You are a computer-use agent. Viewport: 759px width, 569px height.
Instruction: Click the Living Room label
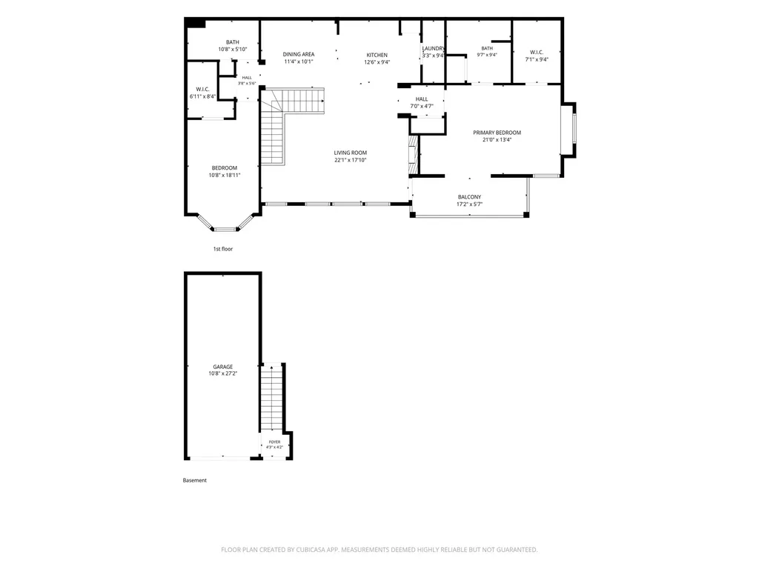351,153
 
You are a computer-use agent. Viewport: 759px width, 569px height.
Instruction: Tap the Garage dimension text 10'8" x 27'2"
222,373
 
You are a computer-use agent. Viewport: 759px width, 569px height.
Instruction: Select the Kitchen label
377,55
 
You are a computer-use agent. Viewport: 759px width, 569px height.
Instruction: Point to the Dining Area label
299,54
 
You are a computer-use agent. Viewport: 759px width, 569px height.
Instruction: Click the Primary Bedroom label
497,133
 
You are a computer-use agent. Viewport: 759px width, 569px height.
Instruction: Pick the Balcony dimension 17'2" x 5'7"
469,204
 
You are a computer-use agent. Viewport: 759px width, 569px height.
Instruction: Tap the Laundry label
433,48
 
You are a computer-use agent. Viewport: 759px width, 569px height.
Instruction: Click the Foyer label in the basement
274,442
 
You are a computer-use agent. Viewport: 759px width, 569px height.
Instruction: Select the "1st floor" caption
223,249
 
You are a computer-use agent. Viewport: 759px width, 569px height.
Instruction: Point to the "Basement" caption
195,480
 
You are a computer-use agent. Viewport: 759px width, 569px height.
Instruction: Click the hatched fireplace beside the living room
413,155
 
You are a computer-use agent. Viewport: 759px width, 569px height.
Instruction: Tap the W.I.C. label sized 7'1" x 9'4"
537,53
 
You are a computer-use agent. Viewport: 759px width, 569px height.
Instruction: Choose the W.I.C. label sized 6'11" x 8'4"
203,89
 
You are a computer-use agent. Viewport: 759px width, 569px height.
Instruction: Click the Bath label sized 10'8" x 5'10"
232,42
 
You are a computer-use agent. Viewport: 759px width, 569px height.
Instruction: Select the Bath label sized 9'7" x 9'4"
487,48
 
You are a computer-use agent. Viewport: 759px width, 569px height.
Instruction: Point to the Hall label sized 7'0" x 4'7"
422,99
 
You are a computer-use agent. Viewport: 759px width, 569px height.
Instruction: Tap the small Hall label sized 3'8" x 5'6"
247,77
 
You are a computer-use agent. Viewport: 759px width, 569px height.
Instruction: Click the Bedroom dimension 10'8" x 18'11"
225,175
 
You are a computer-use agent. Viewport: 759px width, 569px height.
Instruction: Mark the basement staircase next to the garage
272,397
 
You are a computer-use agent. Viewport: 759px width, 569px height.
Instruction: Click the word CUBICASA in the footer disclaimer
317,550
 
